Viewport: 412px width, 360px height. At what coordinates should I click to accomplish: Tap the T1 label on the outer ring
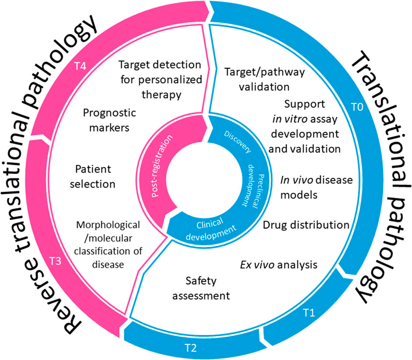pos(309,313)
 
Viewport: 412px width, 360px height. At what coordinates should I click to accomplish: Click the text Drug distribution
pos(306,225)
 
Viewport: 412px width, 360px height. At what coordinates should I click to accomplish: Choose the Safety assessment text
pos(201,287)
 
